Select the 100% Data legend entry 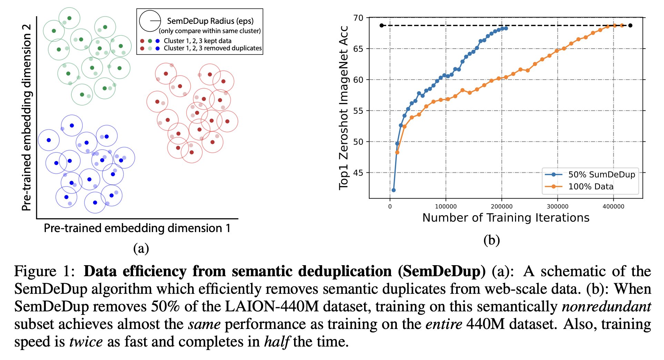(x=591, y=187)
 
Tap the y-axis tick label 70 (x=358, y=18)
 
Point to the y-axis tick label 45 (x=358, y=173)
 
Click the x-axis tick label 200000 (x=501, y=207)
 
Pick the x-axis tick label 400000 (x=613, y=207)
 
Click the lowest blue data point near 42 (x=393, y=190)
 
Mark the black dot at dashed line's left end (x=381, y=26)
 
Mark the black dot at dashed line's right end (x=630, y=26)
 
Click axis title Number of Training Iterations (x=505, y=218)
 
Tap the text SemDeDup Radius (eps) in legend (x=210, y=21)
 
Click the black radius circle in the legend (x=150, y=21)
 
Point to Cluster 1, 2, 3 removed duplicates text (x=212, y=48)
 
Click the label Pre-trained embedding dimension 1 (x=137, y=228)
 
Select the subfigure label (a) (x=141, y=248)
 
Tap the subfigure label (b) (x=491, y=240)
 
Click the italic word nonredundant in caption (x=606, y=306)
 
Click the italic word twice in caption (x=86, y=342)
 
